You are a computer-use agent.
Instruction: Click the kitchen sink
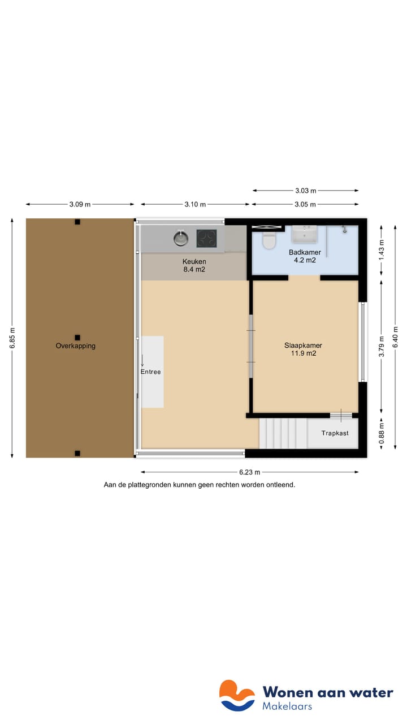click(x=180, y=238)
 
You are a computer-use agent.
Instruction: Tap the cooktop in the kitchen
click(x=206, y=238)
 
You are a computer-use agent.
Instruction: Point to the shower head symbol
click(x=343, y=230)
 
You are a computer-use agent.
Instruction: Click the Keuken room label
click(x=194, y=261)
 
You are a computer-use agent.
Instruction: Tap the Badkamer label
click(x=305, y=252)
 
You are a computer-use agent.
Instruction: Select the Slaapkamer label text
click(x=303, y=345)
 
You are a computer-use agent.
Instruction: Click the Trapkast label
click(x=335, y=433)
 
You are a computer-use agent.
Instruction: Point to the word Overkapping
click(x=75, y=346)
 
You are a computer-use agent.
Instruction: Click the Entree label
click(x=151, y=372)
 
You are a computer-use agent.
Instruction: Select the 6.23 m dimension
click(x=249, y=472)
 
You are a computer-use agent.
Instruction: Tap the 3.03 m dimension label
click(x=305, y=191)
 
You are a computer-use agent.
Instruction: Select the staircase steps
click(x=283, y=433)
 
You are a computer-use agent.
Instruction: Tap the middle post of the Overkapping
click(x=77, y=337)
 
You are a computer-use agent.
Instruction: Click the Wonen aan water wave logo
click(x=237, y=695)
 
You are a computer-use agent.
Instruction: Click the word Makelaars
click(x=287, y=706)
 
